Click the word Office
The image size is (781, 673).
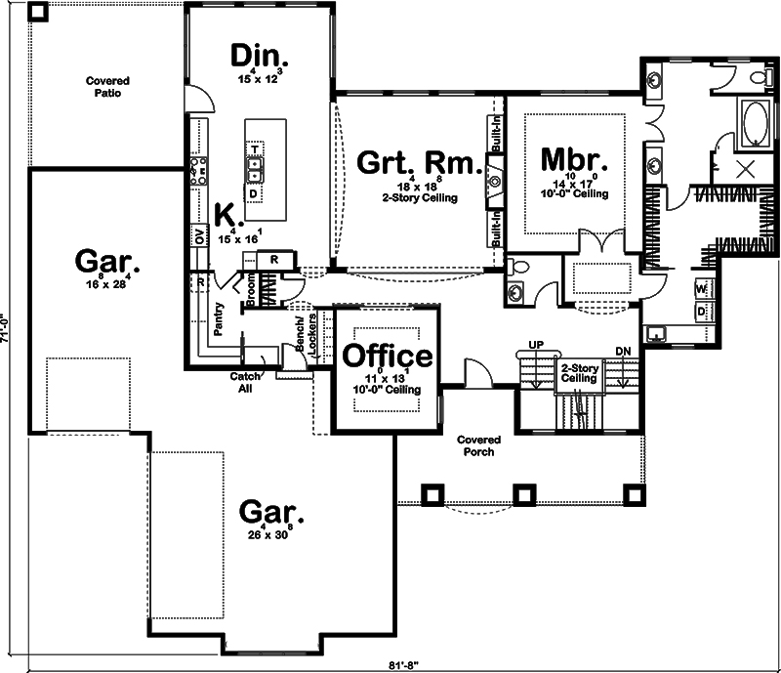point(387,356)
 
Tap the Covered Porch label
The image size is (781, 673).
point(478,445)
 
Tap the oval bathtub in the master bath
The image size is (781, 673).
point(753,124)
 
